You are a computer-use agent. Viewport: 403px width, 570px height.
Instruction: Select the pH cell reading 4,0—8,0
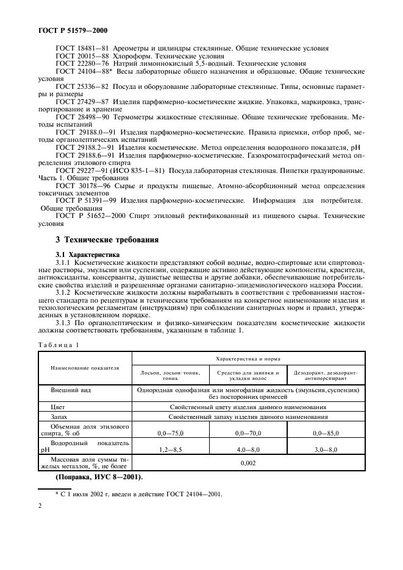pyautogui.click(x=248, y=449)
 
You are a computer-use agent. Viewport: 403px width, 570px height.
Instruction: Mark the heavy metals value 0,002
pyautogui.click(x=248, y=463)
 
